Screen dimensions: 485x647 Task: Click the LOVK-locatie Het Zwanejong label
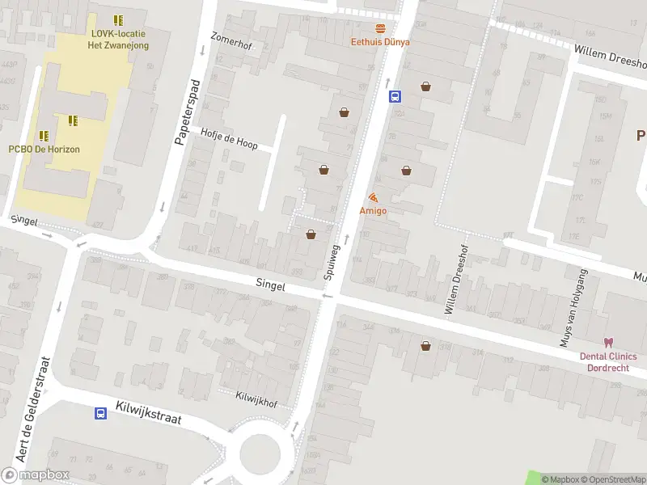click(118, 40)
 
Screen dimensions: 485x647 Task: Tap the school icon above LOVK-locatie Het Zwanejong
click(119, 19)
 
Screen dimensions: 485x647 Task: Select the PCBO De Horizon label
click(44, 149)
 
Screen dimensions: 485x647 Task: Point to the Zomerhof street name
click(231, 40)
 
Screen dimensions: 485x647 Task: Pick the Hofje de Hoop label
click(229, 138)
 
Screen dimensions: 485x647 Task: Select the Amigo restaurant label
click(373, 211)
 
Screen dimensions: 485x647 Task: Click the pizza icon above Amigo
click(373, 197)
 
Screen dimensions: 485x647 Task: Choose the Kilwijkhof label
click(256, 397)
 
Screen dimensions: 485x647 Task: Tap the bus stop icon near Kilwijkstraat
click(100, 414)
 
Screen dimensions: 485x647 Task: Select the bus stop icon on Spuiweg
click(395, 97)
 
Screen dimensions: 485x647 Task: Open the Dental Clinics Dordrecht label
click(607, 361)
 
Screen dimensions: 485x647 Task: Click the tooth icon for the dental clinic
click(607, 343)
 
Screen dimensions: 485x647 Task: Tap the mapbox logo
click(36, 475)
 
